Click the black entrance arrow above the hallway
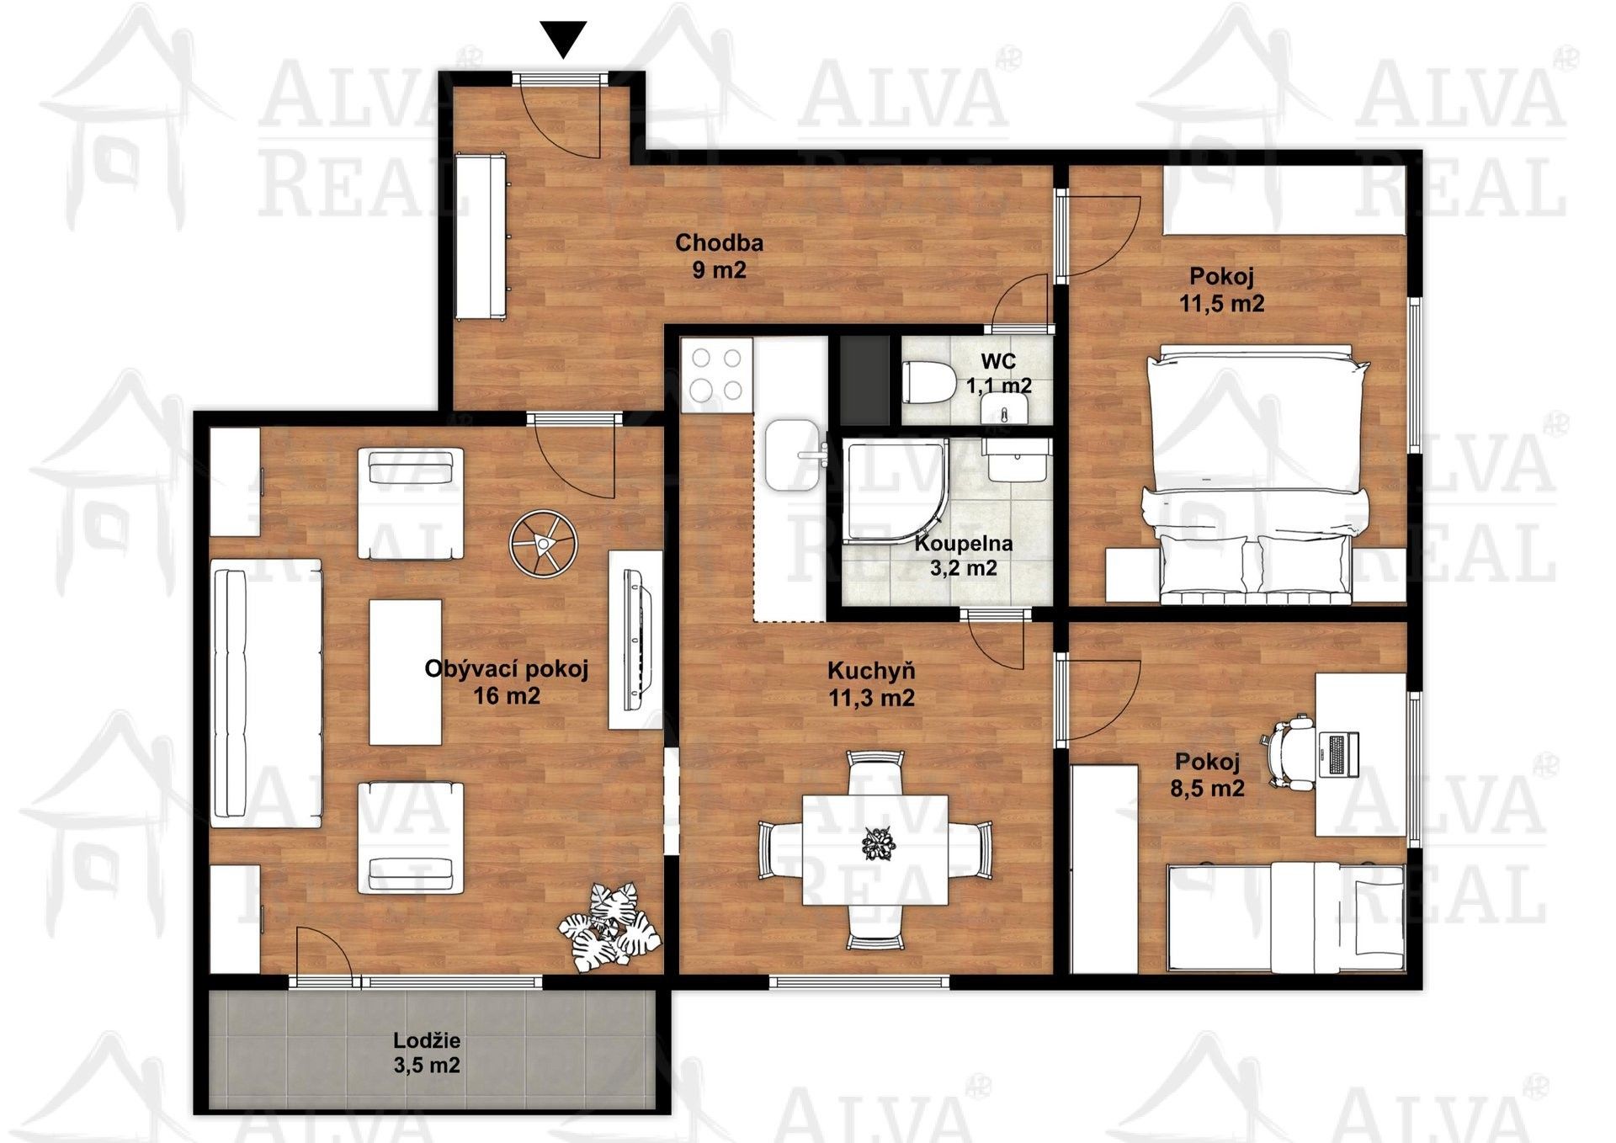[562, 39]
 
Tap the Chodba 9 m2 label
[719, 256]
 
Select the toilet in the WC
[927, 383]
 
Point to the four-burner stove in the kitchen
[715, 375]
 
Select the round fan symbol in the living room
[543, 545]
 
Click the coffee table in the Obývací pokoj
[406, 672]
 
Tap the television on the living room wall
[636, 640]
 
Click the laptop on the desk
[1338, 754]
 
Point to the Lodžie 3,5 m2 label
[427, 1053]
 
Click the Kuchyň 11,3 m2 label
[871, 683]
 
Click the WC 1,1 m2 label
[998, 374]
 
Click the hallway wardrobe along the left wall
[481, 237]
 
